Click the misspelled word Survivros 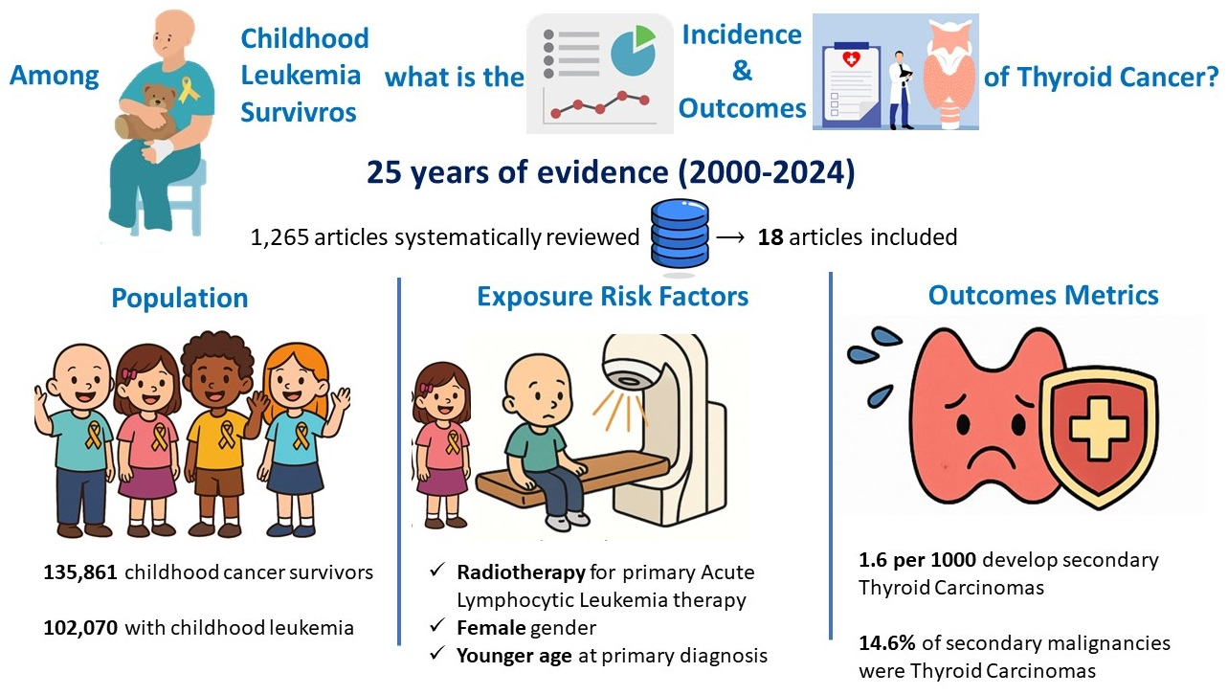(x=299, y=112)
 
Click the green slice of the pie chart (x=645, y=36)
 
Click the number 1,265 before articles (x=279, y=237)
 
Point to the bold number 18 (x=770, y=237)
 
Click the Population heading (x=180, y=299)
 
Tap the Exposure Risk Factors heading (x=613, y=297)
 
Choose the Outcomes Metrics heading (x=1042, y=296)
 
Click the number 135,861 (x=80, y=572)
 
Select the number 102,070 (x=80, y=628)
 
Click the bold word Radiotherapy (x=521, y=572)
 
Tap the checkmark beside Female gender (x=436, y=625)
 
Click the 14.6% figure (x=887, y=643)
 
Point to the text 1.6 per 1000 (x=917, y=560)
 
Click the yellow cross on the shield (x=1099, y=428)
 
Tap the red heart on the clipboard (x=852, y=58)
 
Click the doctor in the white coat (x=900, y=90)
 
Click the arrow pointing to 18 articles (x=730, y=237)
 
